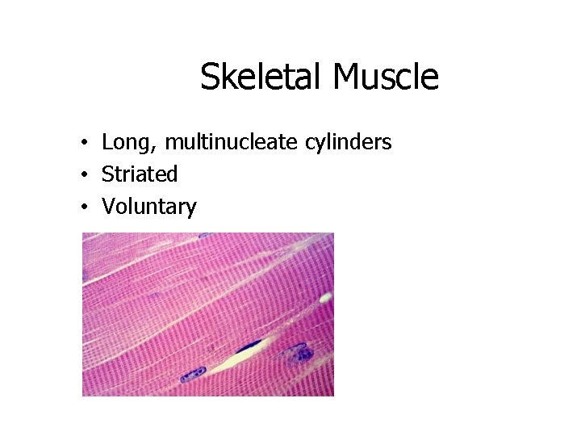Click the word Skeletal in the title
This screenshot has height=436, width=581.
[261, 78]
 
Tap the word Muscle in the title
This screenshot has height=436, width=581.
[385, 78]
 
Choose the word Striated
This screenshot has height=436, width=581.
[140, 174]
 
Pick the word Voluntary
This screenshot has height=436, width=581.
[148, 207]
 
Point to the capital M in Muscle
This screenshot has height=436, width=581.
[345, 78]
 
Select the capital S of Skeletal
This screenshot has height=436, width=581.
[210, 78]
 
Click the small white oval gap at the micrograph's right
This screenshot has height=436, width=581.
[325, 298]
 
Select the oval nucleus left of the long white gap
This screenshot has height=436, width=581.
[193, 374]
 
